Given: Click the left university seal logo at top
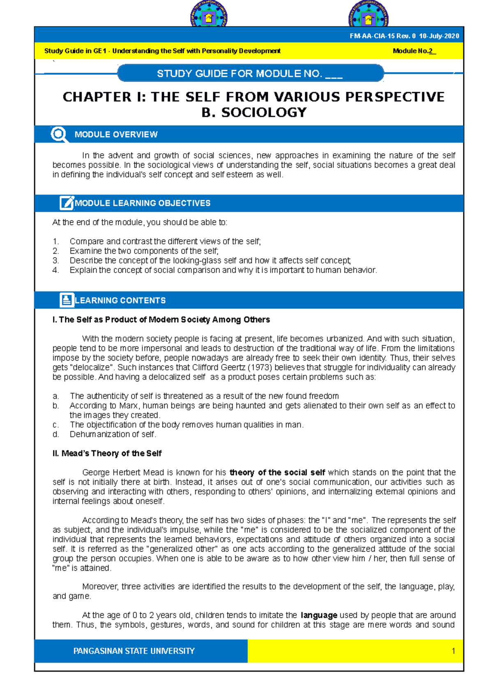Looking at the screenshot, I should tap(209, 15).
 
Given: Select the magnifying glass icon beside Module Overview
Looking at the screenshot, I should tap(59, 134).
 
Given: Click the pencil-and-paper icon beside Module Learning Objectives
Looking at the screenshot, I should tap(66, 203).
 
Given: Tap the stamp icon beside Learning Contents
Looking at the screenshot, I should tap(67, 300).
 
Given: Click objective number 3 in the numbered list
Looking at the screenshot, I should tap(56, 261).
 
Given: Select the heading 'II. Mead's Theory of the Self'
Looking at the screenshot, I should tap(107, 453).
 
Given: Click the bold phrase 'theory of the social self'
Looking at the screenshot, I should tap(277, 472).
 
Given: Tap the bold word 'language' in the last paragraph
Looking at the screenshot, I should tap(319, 615).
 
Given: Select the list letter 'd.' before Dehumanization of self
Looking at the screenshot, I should tap(56, 435).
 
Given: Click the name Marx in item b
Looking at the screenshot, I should tap(128, 406).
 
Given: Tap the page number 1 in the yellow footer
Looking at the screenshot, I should tap(453, 651).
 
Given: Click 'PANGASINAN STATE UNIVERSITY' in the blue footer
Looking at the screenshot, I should tap(134, 651).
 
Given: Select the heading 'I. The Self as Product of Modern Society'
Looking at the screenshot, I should tap(161, 319).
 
